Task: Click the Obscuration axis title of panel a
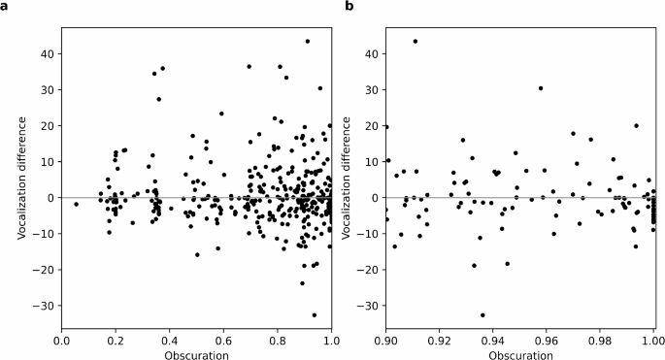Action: pos(196,354)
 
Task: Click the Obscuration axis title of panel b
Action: pos(520,354)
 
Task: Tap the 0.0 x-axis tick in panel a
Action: pos(62,341)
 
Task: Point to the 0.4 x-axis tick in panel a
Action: pos(170,341)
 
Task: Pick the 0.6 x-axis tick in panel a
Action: pos(223,341)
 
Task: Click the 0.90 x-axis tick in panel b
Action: pos(386,341)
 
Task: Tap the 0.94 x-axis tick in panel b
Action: pos(493,341)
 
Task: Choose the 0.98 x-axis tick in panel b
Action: pos(600,341)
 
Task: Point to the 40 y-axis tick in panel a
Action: pos(46,53)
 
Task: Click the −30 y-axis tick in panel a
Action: pos(43,305)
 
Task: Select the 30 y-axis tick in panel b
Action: pos(371,89)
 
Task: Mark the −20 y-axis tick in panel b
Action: pos(368,269)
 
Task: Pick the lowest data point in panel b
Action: pos(482,314)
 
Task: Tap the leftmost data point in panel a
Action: pos(77,204)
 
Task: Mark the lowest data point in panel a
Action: pos(315,314)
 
